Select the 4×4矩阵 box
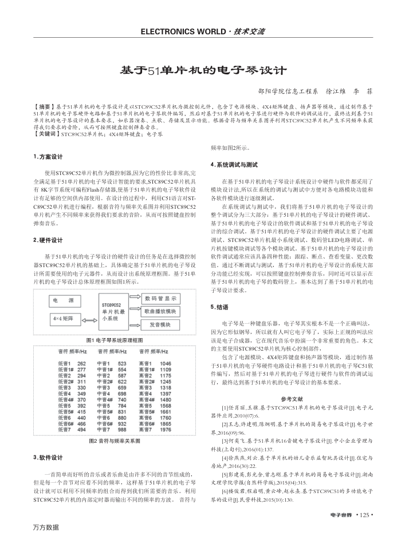65,317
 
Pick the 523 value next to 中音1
122,363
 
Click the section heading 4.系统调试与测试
234,165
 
